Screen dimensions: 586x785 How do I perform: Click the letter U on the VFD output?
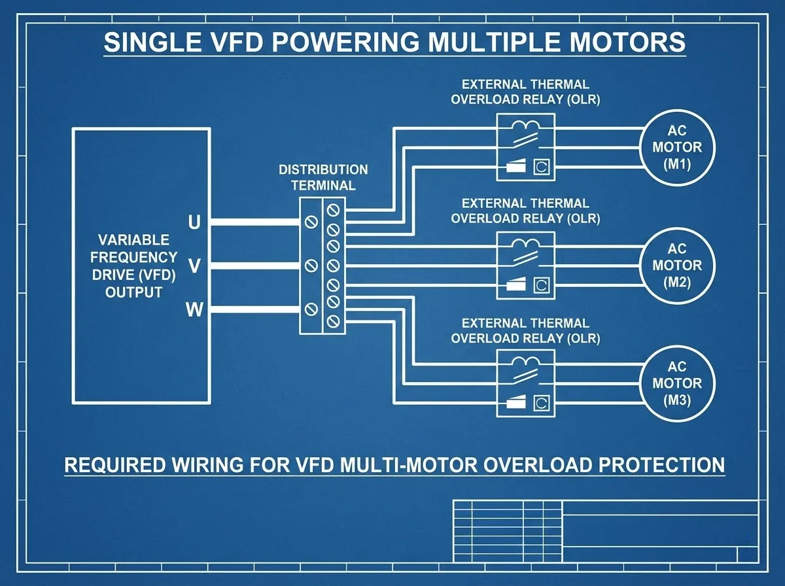coord(194,223)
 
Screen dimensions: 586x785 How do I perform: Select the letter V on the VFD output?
coord(194,266)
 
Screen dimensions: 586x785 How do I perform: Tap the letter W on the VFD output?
coord(194,310)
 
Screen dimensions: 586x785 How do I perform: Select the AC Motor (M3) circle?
coord(677,384)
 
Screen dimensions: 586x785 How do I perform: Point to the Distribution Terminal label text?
coord(323,177)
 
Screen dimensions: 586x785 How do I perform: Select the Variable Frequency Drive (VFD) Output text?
coord(133,266)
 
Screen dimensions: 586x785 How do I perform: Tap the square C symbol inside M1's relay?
coord(541,167)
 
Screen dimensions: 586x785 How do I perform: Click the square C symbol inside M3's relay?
coord(541,403)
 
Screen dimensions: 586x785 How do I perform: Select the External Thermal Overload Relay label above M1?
coord(525,92)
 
